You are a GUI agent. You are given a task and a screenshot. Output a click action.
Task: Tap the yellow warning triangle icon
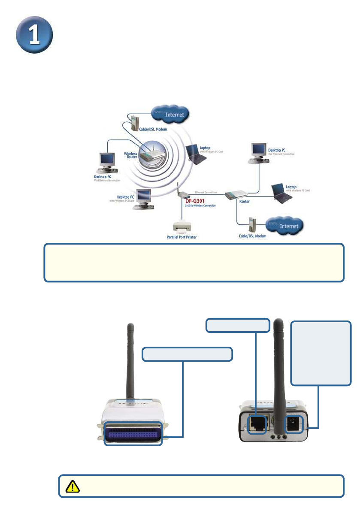70,486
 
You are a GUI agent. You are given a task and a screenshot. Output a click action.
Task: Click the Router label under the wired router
245,201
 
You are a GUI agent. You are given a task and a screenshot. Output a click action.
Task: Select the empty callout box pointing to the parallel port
187,354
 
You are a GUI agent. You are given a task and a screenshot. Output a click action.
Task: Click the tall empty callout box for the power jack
321,353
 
